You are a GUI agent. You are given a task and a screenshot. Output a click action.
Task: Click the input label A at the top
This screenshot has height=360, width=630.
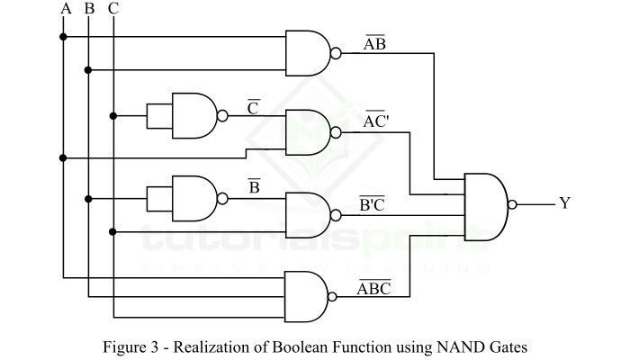pyautogui.click(x=64, y=9)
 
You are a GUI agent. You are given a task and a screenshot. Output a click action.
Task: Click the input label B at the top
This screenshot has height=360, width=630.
pyautogui.click(x=88, y=9)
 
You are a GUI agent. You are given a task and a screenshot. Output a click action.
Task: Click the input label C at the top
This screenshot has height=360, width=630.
pyautogui.click(x=112, y=9)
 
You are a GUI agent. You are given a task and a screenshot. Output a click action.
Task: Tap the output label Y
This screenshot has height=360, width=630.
pyautogui.click(x=565, y=203)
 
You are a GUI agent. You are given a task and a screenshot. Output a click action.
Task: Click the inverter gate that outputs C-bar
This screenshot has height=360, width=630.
pyautogui.click(x=194, y=115)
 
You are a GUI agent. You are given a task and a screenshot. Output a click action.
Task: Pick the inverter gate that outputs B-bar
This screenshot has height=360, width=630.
pyautogui.click(x=194, y=198)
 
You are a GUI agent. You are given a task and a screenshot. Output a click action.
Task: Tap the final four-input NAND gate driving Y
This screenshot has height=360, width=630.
pyautogui.click(x=486, y=204)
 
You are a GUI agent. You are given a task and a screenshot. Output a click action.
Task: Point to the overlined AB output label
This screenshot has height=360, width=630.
pyautogui.click(x=374, y=44)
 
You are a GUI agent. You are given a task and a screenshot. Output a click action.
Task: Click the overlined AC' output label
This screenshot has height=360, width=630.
pyautogui.click(x=376, y=121)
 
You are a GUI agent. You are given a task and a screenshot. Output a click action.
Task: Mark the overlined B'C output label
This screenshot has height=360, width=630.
pyautogui.click(x=373, y=204)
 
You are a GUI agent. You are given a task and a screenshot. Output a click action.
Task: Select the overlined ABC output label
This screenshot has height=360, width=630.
pyautogui.click(x=373, y=288)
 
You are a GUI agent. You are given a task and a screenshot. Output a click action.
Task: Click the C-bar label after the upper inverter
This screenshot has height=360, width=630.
pyautogui.click(x=254, y=108)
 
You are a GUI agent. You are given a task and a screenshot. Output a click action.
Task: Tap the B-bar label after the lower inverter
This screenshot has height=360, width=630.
pyautogui.click(x=254, y=188)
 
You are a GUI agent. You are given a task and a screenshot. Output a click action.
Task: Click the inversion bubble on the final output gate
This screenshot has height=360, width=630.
pyautogui.click(x=513, y=204)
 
